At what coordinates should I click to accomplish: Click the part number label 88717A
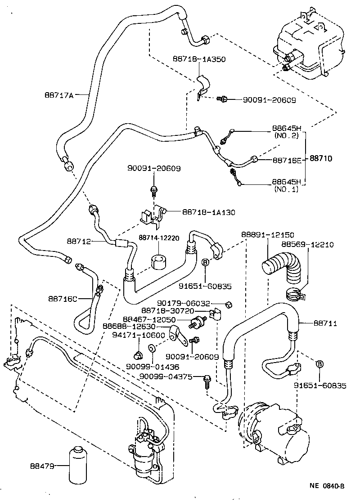[59, 94]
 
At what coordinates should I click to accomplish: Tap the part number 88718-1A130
[208, 212]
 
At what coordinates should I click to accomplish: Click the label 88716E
[288, 160]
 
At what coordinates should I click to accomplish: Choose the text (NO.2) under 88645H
[288, 135]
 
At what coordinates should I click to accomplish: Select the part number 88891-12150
[268, 235]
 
